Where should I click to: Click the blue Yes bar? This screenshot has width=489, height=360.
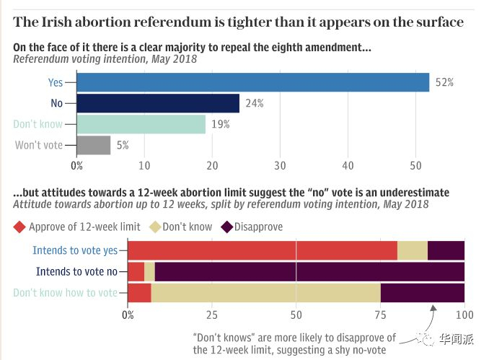(x=252, y=82)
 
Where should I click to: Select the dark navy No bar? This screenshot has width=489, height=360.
(x=158, y=103)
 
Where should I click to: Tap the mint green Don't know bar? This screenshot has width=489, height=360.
(x=141, y=124)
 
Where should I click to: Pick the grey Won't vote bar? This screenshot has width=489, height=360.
(x=94, y=145)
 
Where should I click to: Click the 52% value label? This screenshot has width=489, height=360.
(x=444, y=82)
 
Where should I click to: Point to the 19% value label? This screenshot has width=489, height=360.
(x=220, y=124)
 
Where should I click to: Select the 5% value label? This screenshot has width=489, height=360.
(x=122, y=145)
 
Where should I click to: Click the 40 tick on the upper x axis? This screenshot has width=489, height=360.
(x=348, y=165)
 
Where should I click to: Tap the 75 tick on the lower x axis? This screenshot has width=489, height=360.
(x=380, y=315)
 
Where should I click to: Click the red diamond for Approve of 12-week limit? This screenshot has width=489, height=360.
(x=20, y=227)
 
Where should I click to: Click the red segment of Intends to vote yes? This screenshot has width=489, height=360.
(x=263, y=250)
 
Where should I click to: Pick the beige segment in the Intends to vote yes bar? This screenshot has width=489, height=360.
(x=413, y=250)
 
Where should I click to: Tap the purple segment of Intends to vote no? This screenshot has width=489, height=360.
(x=309, y=272)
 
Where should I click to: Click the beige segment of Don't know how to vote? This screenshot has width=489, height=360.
(x=265, y=293)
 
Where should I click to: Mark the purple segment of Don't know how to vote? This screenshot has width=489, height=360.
(x=422, y=293)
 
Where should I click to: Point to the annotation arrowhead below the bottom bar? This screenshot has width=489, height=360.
(x=433, y=307)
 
